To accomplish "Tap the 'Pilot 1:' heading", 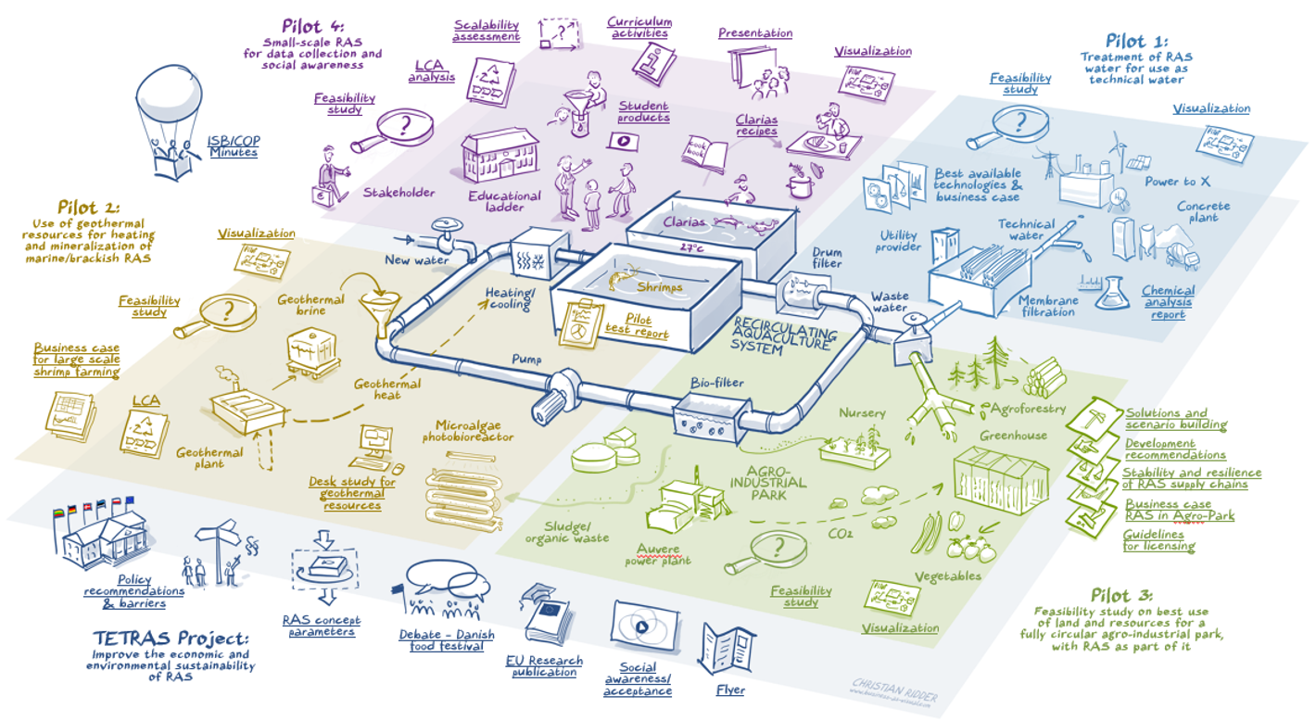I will point(1136,41).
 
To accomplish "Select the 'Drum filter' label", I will point(828,258).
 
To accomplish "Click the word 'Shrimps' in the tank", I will point(659,287).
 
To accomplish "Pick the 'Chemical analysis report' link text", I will point(1168,303).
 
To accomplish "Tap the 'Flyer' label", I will point(730,689).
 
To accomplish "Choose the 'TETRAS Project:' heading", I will point(171,639).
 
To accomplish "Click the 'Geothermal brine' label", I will point(310,305).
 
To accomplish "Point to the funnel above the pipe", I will point(382,305).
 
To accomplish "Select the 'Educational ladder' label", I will point(504,201).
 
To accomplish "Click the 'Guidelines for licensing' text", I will point(1158,541).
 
